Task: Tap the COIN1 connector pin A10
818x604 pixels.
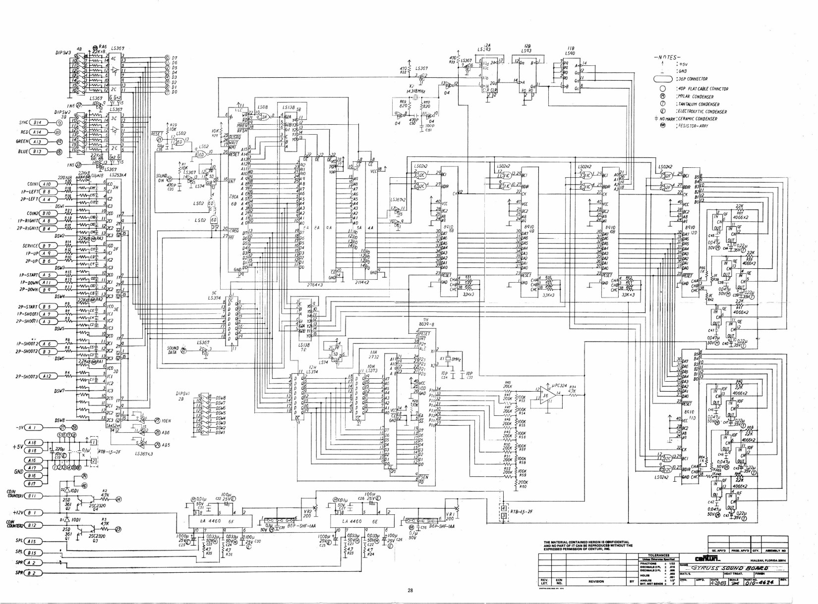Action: [48, 184]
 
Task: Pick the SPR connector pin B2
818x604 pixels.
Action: [33, 573]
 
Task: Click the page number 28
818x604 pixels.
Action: [410, 590]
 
